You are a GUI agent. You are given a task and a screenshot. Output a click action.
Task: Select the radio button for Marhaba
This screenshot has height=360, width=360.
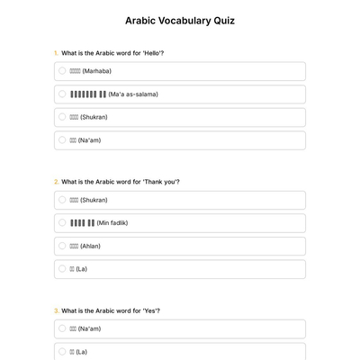point(62,70)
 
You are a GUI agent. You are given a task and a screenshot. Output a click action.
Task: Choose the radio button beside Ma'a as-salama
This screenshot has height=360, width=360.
point(62,94)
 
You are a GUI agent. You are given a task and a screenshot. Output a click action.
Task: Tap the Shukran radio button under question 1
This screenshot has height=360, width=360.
point(62,117)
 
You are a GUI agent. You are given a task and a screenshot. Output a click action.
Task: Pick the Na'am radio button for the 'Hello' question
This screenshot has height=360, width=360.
point(62,139)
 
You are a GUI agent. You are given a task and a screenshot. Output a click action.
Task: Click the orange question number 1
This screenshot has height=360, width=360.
point(56,53)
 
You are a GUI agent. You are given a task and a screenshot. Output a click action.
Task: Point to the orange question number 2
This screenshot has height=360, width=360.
point(56,182)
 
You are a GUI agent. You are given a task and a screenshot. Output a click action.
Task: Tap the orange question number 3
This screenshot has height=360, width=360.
point(56,310)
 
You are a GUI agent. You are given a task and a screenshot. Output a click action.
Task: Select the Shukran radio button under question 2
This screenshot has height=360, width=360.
point(62,200)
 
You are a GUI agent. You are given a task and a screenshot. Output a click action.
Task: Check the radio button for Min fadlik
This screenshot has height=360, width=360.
point(62,222)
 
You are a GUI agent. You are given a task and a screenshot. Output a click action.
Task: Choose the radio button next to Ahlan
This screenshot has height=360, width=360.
point(62,246)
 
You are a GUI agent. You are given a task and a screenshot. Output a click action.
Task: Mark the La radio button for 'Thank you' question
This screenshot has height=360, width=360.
point(62,268)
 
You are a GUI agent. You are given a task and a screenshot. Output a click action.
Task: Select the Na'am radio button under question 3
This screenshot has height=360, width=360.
point(62,328)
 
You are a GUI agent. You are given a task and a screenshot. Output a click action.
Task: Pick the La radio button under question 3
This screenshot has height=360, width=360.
point(62,352)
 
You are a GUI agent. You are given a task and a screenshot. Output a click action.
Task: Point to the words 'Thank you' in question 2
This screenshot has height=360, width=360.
point(164,182)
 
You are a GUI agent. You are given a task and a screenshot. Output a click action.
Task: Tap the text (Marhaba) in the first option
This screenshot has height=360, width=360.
point(96,71)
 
